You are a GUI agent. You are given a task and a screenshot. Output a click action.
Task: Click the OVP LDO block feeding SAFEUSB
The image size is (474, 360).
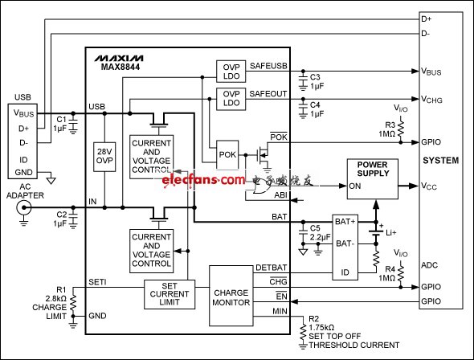[x=230, y=70]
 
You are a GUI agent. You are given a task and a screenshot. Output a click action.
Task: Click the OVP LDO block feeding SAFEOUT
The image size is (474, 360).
[x=230, y=99]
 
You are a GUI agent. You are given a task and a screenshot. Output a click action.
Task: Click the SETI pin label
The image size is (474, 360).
[x=97, y=280]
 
